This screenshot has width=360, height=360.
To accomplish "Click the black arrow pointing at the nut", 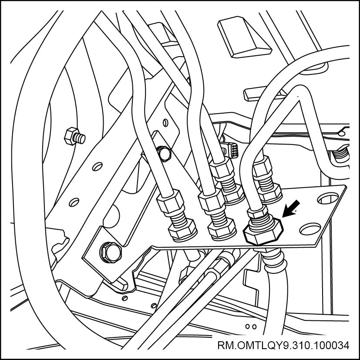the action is pos(291,209).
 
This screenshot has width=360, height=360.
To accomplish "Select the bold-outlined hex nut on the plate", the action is pos(263,232).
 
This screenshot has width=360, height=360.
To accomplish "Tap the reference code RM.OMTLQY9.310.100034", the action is pos(283,345).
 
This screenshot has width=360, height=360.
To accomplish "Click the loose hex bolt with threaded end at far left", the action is pos(74,136).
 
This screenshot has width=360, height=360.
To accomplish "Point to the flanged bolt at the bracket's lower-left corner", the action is pos(111,252).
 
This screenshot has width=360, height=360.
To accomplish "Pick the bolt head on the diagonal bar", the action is pos(164,153).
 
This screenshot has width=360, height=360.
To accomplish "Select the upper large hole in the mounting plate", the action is pos(328,199).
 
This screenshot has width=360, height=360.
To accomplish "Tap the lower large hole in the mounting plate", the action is pos(310,229).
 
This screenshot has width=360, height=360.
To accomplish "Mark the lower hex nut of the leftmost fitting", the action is pos(183,231).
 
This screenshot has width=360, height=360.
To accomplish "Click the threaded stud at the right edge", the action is pos(341,154).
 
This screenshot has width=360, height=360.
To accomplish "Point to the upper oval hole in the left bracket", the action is pos(98,166).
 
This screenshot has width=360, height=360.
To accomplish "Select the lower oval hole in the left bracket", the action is pos(74,202).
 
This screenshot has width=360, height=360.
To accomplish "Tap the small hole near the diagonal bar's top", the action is pos(165,123).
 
